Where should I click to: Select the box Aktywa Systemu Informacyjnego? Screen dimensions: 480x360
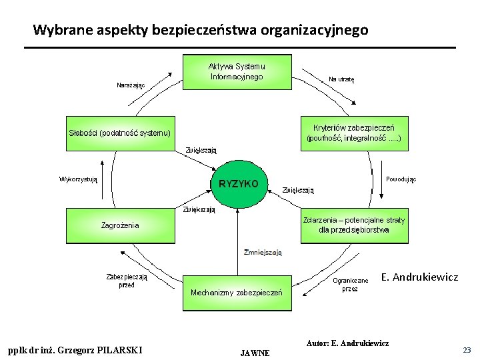(x=237, y=71)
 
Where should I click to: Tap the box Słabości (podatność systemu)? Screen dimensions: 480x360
(x=121, y=133)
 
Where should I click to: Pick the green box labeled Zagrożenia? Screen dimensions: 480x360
(x=121, y=225)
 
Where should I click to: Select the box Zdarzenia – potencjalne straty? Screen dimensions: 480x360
(x=353, y=225)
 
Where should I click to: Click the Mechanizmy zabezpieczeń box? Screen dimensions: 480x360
(x=237, y=293)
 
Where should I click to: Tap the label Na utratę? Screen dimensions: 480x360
(x=341, y=79)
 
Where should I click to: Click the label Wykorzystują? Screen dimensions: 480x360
(x=79, y=179)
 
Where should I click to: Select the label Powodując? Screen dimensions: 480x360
(x=401, y=179)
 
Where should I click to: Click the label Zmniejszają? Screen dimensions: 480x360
(x=263, y=252)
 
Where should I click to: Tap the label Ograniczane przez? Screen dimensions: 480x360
(x=350, y=285)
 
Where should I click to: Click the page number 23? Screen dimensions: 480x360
(x=466, y=349)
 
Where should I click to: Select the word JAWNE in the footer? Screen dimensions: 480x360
(x=255, y=353)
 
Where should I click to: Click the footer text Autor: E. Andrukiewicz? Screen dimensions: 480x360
(x=347, y=343)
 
